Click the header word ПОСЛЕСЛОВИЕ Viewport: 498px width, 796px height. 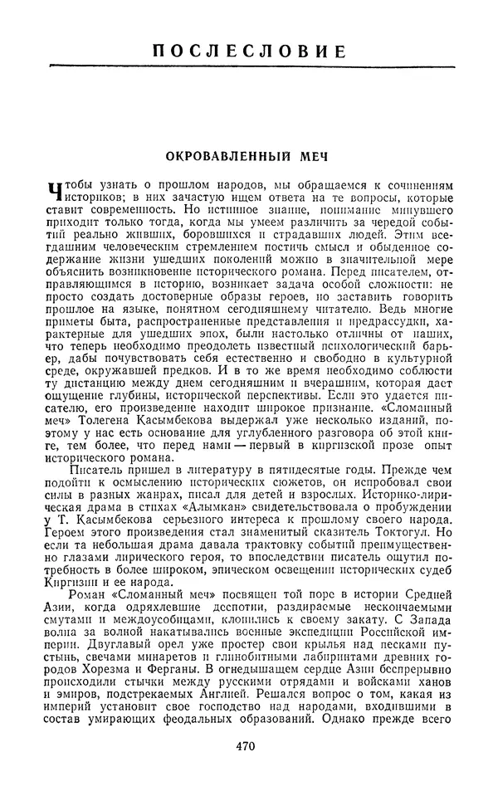point(248,51)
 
